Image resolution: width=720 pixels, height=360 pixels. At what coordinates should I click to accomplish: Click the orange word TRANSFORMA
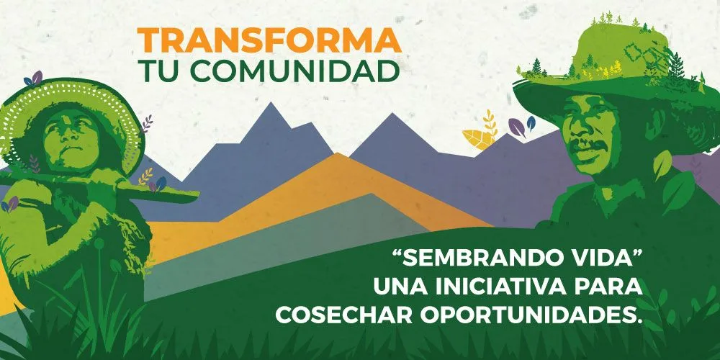pyautogui.click(x=269, y=40)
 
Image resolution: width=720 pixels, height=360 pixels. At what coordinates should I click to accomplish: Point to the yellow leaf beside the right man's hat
pyautogui.click(x=477, y=139)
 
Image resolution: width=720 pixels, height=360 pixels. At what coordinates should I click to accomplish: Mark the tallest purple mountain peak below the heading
pyautogui.click(x=271, y=103)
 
